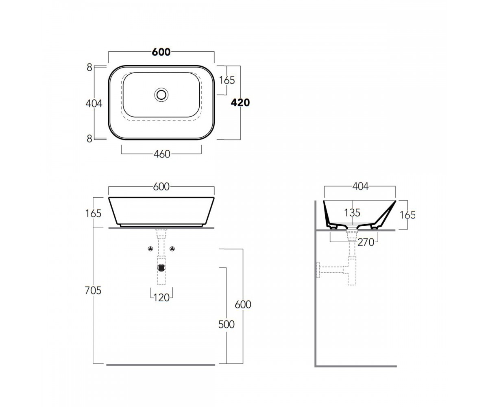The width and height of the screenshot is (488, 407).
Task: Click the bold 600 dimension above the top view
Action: tap(161, 52)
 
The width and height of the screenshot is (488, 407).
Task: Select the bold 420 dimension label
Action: tap(240, 103)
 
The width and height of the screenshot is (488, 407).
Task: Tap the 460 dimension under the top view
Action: tap(162, 154)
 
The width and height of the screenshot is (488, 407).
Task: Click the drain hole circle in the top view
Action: tap(161, 95)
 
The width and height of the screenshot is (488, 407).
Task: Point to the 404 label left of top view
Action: tap(94, 103)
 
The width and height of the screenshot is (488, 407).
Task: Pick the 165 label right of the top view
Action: tap(227, 80)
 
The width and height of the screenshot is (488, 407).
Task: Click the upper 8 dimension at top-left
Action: tap(89, 68)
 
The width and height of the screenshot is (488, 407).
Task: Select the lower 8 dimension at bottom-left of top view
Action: tap(89, 139)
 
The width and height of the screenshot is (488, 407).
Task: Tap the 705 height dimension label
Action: tap(93, 291)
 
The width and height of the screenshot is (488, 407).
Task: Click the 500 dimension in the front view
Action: tap(227, 324)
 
